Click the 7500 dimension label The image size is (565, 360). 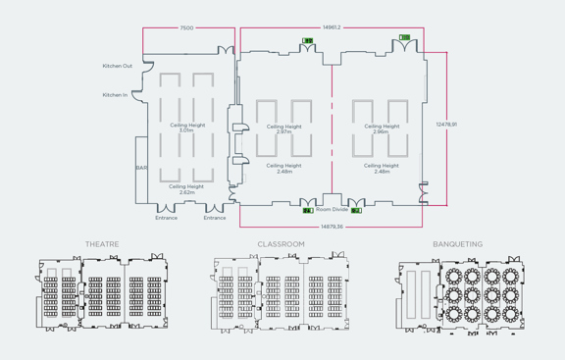pyautogui.click(x=186, y=28)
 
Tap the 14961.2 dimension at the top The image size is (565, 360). pyautogui.click(x=331, y=27)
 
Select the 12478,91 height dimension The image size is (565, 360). pyautogui.click(x=447, y=125)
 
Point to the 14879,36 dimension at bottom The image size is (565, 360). pyautogui.click(x=332, y=227)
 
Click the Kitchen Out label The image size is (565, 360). pyautogui.click(x=117, y=67)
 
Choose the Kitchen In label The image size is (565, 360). pyautogui.click(x=115, y=95)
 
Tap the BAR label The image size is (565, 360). pyautogui.click(x=140, y=168)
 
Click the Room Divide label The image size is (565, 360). pyautogui.click(x=332, y=209)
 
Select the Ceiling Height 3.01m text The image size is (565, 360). pyautogui.click(x=187, y=128)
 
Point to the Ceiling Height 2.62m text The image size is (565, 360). pyautogui.click(x=186, y=188)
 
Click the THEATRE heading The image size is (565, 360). pyautogui.click(x=102, y=244)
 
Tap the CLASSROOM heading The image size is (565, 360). pyautogui.click(x=282, y=244)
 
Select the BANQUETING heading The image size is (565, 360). pyautogui.click(x=457, y=244)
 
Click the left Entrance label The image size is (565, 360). pyautogui.click(x=167, y=218)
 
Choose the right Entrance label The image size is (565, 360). pyautogui.click(x=215, y=218)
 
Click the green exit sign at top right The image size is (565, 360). pyautogui.click(x=404, y=38)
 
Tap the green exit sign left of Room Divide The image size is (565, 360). pyautogui.click(x=307, y=210)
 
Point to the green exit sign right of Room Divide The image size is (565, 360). pyautogui.click(x=356, y=210)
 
